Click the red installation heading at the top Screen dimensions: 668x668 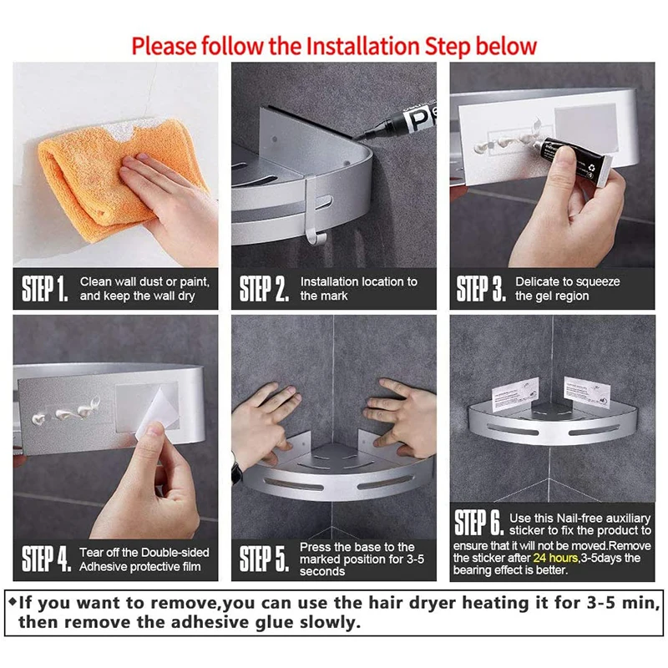(x=334, y=44)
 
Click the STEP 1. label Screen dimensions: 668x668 (x=44, y=289)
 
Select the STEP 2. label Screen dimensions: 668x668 (x=264, y=289)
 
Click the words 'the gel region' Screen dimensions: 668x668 (x=552, y=296)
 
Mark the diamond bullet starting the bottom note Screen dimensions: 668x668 (x=12, y=600)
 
